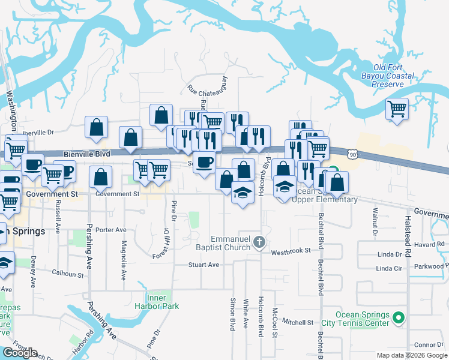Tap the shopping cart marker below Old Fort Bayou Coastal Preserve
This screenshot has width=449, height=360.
[x=396, y=109]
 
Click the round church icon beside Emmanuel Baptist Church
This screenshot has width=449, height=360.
[x=259, y=242]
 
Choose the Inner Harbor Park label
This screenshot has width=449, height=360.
[x=162, y=302]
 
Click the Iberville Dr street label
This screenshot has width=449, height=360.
[x=38, y=132]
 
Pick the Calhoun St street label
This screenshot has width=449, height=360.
[x=67, y=274]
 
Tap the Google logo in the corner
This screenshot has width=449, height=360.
[x=20, y=353]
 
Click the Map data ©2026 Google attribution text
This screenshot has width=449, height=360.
[x=412, y=355]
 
